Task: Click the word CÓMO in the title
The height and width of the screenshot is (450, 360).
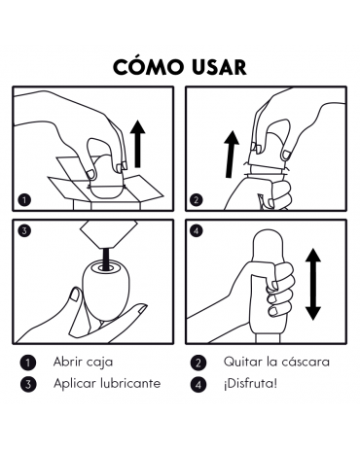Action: pos(148,67)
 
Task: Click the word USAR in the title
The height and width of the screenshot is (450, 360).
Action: pos(219,67)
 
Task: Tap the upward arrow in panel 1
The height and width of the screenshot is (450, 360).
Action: pos(138,144)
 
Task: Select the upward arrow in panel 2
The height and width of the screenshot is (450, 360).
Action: pos(232,154)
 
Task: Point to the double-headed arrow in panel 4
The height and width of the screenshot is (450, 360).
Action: pos(313,284)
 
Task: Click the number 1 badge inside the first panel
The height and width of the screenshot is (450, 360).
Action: pos(24,200)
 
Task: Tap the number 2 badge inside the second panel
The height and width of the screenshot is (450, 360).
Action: pos(196,200)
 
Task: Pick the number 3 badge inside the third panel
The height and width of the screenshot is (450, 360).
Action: pos(24,231)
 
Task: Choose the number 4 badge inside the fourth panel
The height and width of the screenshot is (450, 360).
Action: pos(197,231)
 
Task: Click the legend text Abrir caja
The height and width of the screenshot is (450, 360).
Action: pos(83,362)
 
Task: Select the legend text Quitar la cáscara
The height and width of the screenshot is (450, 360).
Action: pos(276,362)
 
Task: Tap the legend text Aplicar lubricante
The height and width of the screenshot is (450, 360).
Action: pos(107,384)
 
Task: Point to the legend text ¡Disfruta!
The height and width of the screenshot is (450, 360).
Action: pos(250,384)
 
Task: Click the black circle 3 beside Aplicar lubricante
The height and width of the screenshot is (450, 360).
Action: pos(28,384)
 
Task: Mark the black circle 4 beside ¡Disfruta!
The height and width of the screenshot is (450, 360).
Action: pos(198,385)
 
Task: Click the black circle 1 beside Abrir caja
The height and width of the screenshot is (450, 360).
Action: pos(28,363)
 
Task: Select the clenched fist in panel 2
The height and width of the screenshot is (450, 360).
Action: pos(280,194)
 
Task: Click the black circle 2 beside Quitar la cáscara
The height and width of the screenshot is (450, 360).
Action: pos(198,363)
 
